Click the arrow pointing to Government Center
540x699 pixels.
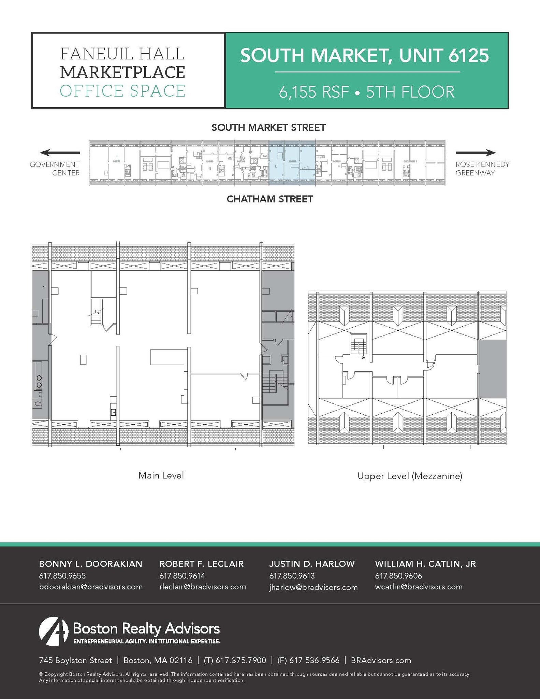click(x=60, y=153)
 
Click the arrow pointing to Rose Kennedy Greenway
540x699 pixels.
click(x=476, y=153)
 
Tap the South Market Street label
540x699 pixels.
click(x=269, y=128)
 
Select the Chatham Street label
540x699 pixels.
click(x=270, y=199)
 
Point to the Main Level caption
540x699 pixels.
click(x=161, y=475)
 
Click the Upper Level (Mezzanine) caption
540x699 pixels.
click(x=410, y=476)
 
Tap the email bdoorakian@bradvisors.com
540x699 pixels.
click(x=91, y=587)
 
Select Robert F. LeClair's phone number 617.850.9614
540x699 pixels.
click(x=182, y=576)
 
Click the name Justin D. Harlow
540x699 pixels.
click(x=312, y=564)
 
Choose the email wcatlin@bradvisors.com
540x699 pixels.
click(x=419, y=587)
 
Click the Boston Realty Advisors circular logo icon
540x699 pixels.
click(x=54, y=631)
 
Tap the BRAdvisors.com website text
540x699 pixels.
click(x=381, y=660)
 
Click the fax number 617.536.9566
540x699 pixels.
click(x=314, y=660)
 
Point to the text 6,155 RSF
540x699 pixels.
click(x=313, y=92)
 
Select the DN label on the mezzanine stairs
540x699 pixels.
click(x=363, y=358)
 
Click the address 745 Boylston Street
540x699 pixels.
click(x=76, y=660)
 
